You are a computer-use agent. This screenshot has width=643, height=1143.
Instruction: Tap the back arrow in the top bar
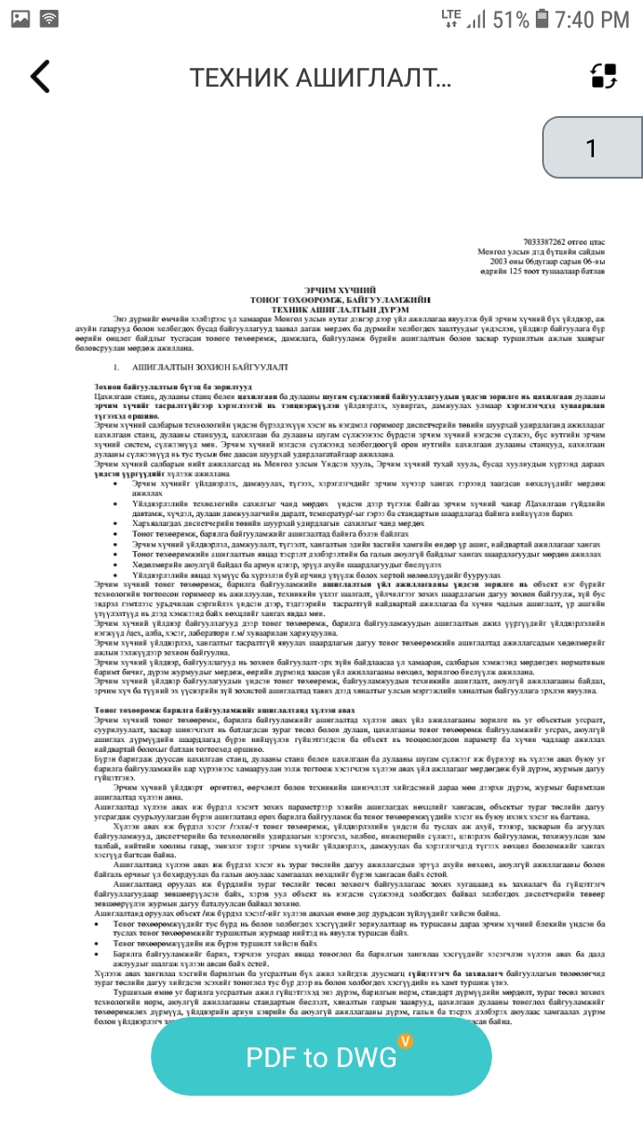(40, 77)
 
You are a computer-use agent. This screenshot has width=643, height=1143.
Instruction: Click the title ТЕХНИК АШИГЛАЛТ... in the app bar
(321, 78)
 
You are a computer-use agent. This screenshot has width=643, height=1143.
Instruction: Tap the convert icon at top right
(605, 77)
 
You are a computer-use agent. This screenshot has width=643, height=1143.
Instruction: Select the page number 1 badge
(591, 147)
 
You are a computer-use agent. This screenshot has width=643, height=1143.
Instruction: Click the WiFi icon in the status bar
(50, 18)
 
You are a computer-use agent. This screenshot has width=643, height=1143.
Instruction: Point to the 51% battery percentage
(510, 19)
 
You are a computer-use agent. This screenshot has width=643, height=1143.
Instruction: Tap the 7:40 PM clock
(591, 19)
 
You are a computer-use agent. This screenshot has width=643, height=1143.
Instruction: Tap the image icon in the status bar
(20, 18)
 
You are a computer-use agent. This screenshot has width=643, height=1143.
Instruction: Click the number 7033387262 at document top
(554, 242)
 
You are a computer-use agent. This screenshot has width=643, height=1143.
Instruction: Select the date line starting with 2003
(554, 262)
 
